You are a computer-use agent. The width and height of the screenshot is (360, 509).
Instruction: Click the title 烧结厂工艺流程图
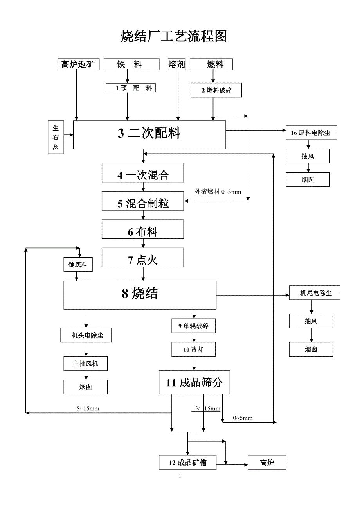tap(174, 36)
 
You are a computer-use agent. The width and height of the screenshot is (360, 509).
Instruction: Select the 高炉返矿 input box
tap(78, 65)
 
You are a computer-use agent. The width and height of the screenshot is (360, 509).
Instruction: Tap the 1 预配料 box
tap(131, 88)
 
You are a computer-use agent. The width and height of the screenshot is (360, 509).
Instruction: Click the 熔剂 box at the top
tap(176, 65)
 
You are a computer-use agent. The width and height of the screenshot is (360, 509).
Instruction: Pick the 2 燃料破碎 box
tap(216, 90)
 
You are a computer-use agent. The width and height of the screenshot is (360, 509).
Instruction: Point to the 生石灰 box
tap(56, 137)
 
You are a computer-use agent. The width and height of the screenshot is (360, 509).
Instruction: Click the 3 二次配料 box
tap(149, 134)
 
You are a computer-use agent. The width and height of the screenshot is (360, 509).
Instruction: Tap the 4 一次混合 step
tap(143, 175)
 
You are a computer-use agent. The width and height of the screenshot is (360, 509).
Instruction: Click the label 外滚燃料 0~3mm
tap(218, 192)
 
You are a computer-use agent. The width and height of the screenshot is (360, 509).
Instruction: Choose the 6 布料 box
tap(143, 231)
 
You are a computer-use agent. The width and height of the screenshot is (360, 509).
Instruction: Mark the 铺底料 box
tap(78, 265)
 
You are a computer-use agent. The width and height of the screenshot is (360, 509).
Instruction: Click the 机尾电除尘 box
tap(315, 293)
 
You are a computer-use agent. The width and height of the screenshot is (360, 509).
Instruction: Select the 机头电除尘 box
tap(86, 335)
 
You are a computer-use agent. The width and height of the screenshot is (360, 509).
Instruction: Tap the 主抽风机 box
tap(85, 364)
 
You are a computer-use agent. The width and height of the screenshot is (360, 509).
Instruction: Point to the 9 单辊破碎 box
tap(193, 326)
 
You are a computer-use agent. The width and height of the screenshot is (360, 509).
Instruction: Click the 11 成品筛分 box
tap(194, 382)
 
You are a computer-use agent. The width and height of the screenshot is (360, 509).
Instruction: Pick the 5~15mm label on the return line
tap(88, 409)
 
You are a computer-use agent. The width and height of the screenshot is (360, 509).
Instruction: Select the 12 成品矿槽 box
tap(187, 463)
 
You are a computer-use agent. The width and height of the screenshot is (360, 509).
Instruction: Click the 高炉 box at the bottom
tap(267, 463)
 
